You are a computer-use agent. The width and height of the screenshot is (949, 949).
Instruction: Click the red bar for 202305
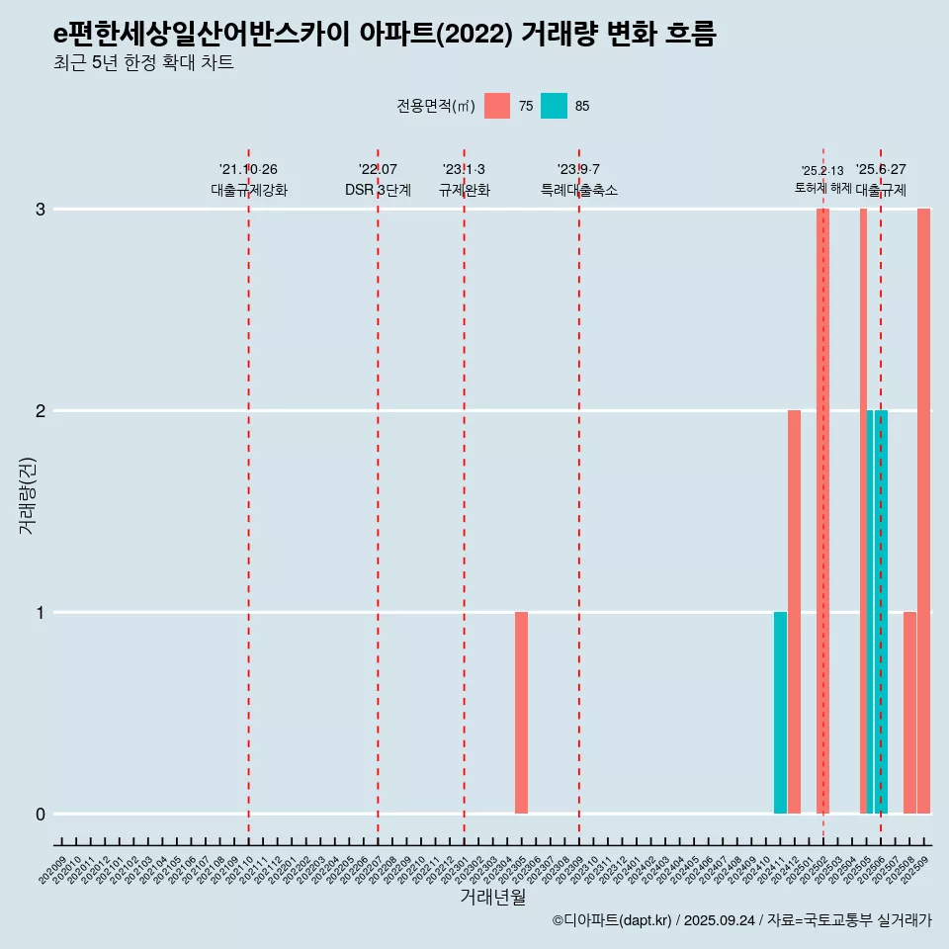point(521,713)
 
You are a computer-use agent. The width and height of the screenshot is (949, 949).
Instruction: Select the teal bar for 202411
point(780,713)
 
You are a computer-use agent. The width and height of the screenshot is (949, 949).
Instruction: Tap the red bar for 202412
point(794,612)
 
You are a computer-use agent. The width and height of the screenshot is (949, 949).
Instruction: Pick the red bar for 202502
point(822,511)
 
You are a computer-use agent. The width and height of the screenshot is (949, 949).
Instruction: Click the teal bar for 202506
point(881,612)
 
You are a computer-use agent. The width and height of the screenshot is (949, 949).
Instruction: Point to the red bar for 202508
point(909,713)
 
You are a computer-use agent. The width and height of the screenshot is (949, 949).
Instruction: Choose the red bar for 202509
point(923,511)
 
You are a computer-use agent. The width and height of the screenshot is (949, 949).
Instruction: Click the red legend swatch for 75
point(497,106)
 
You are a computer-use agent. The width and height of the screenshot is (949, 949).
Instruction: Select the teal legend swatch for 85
point(554,106)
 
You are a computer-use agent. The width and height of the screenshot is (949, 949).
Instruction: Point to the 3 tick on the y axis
point(41,210)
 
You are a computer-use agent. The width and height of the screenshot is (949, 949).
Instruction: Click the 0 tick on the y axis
point(41,815)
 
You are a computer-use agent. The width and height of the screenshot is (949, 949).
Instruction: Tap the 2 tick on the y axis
point(41,411)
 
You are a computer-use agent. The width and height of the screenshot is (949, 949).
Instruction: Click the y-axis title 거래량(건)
point(27,494)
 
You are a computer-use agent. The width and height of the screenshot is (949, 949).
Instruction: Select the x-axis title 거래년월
point(492,897)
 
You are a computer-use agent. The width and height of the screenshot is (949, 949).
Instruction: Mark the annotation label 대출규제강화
point(249,190)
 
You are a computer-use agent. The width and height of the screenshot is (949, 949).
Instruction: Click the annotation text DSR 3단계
point(378,190)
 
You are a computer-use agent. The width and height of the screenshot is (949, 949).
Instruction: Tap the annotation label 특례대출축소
point(579,190)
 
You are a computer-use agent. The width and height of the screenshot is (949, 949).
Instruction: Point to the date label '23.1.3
point(464,170)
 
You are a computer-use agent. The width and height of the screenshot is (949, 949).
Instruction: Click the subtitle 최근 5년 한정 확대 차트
point(143,63)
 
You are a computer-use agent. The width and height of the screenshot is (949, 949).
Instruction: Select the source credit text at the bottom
point(741,920)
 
